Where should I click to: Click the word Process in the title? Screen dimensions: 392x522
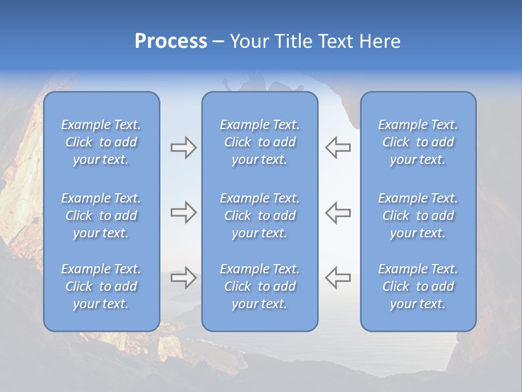click(x=171, y=41)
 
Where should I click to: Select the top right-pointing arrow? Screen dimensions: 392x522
click(x=183, y=148)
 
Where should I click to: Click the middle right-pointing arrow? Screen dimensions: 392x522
click(x=183, y=212)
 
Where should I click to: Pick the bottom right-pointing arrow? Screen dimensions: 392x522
click(x=183, y=278)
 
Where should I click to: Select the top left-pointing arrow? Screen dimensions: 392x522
click(x=338, y=148)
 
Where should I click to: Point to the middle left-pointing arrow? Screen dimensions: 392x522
click(x=338, y=212)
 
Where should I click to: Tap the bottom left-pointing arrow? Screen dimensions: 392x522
click(x=338, y=278)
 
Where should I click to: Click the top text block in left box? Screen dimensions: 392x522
click(x=101, y=142)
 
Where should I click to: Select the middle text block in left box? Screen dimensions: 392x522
click(x=101, y=216)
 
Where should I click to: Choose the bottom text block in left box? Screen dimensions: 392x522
click(x=101, y=286)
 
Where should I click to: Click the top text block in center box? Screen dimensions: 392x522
click(x=260, y=142)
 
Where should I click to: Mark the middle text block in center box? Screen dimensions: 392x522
click(x=260, y=216)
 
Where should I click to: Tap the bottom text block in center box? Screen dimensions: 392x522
click(x=260, y=286)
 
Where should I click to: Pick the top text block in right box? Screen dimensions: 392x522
click(x=418, y=142)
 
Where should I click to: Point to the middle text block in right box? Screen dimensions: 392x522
click(x=418, y=216)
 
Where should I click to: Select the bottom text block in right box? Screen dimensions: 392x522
click(x=418, y=286)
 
